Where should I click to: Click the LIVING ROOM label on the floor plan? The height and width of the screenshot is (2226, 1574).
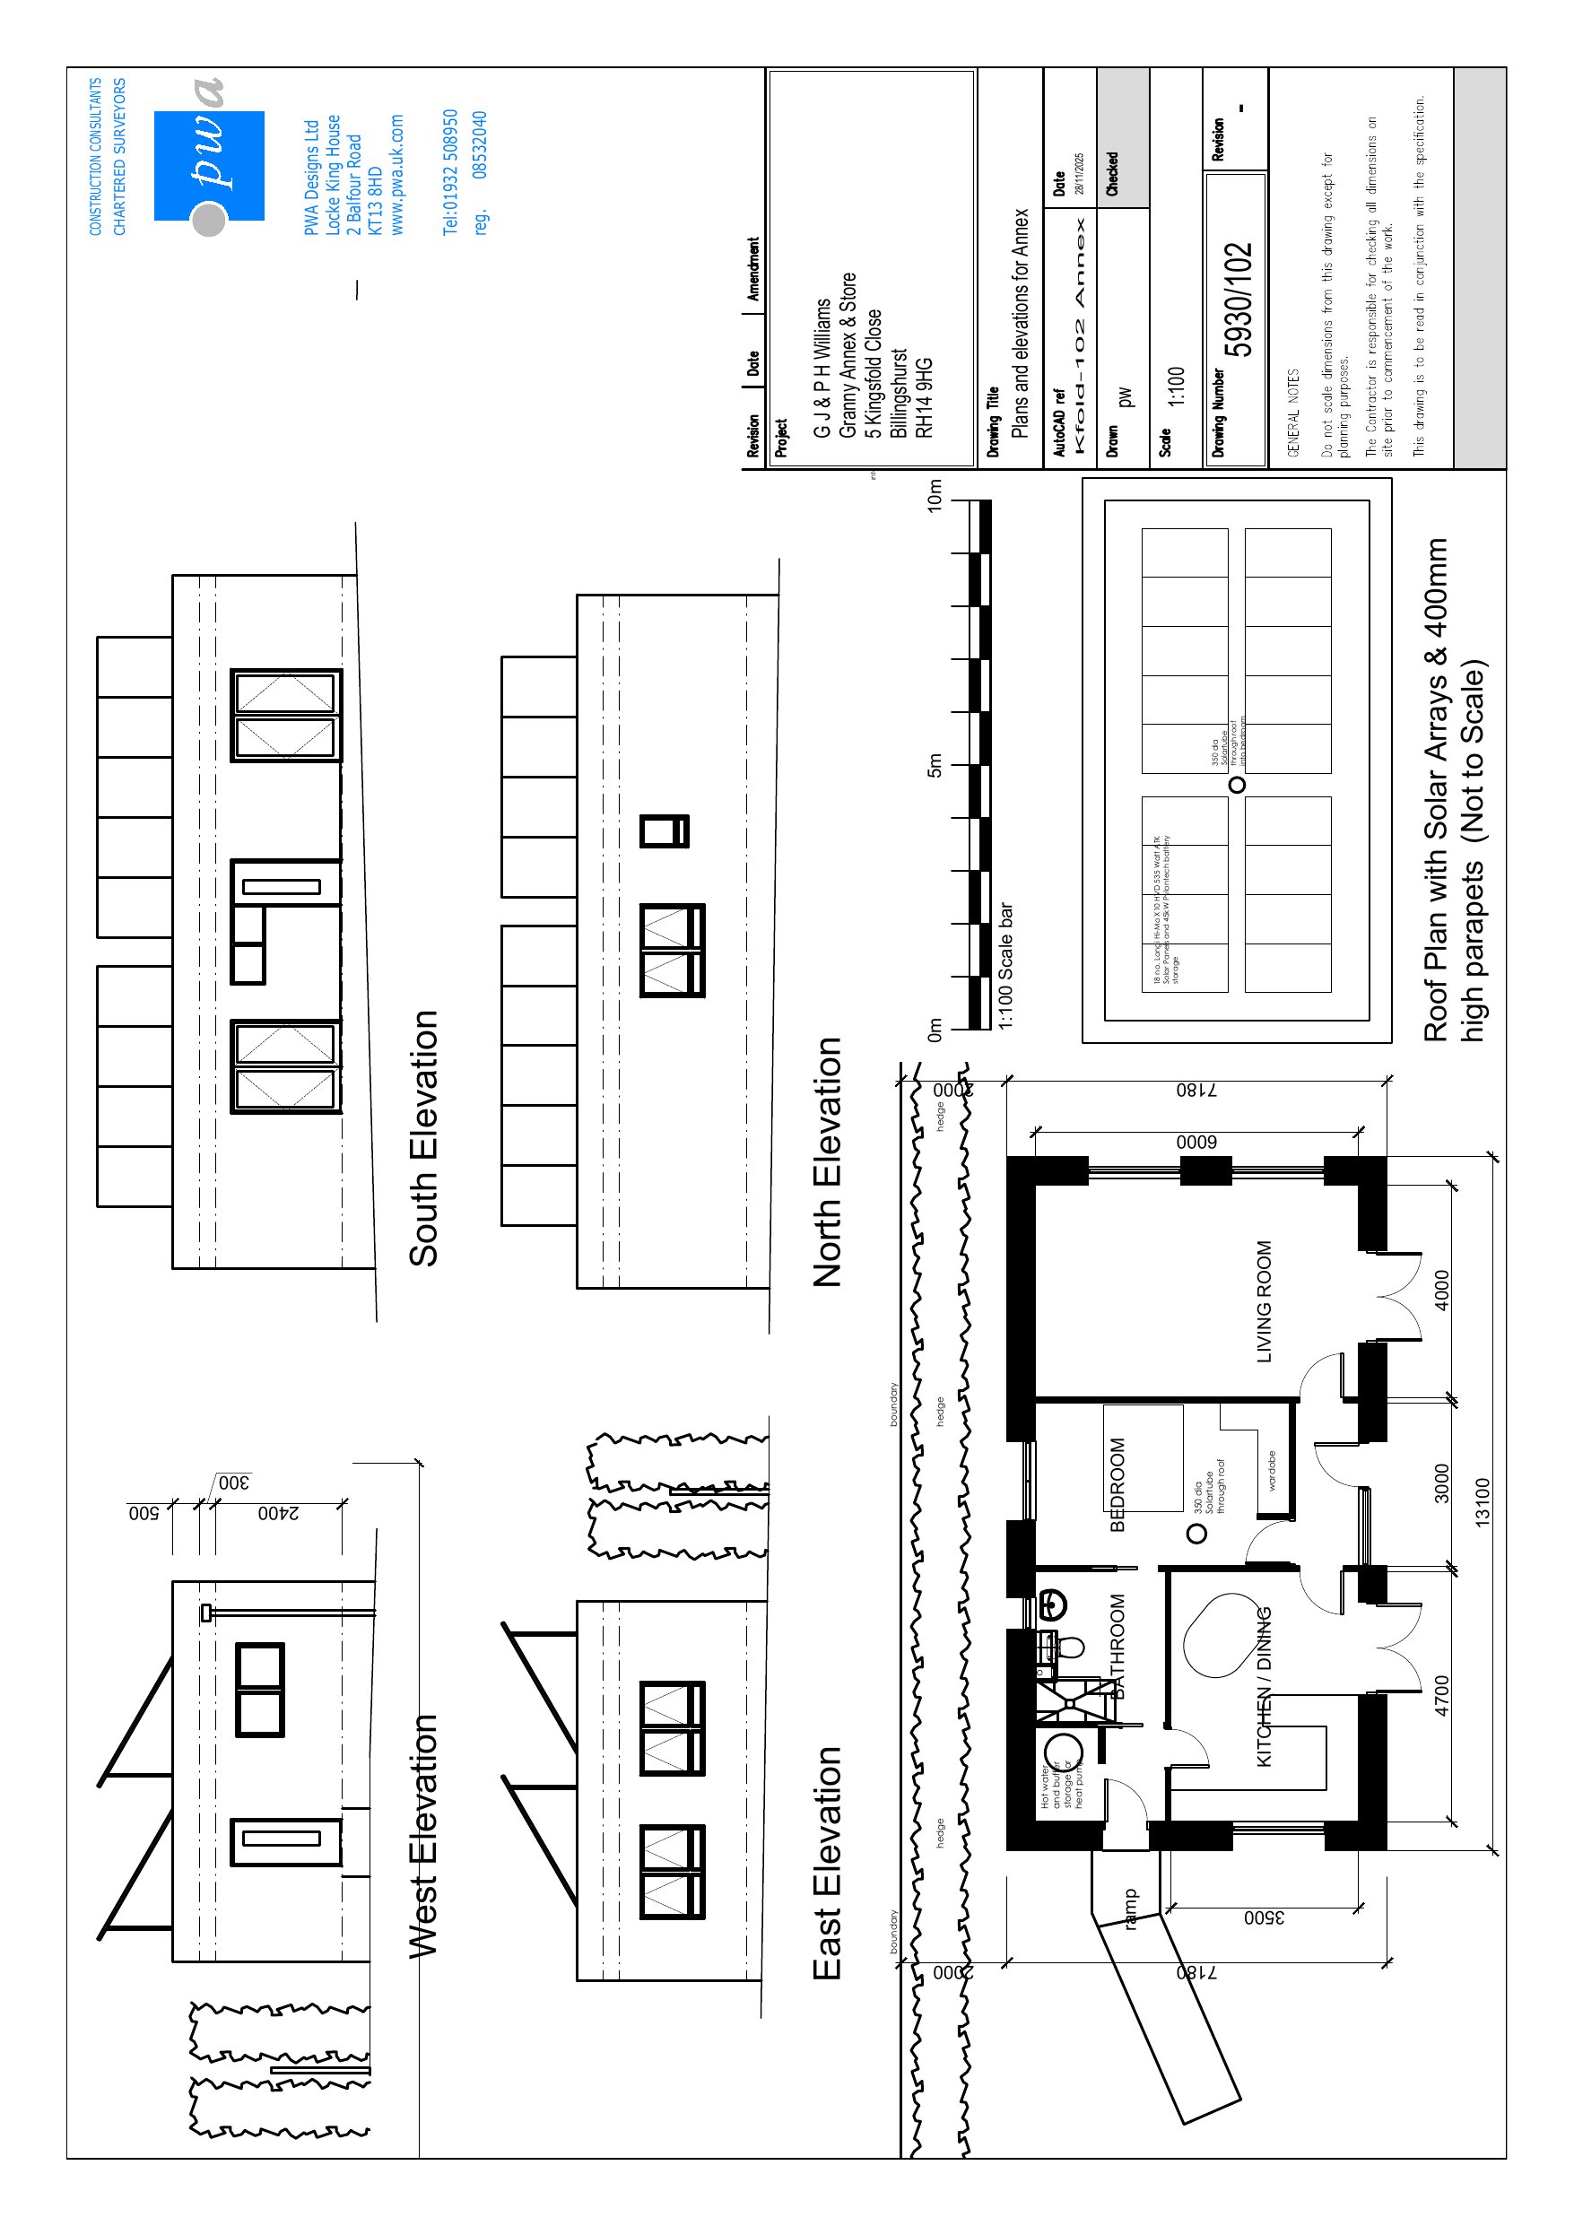(1264, 1301)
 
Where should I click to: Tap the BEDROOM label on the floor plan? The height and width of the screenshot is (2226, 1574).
(1117, 1484)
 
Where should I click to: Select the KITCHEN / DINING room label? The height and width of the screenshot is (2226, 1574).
(1264, 1686)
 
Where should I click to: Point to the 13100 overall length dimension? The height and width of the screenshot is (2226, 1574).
(1482, 1503)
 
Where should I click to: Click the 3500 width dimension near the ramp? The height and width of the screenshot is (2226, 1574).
(1264, 1917)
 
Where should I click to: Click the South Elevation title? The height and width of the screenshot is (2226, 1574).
(424, 1138)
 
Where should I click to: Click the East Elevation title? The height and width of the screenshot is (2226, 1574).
(827, 1863)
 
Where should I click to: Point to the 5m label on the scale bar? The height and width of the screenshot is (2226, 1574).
(934, 765)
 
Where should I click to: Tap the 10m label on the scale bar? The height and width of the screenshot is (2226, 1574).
(934, 495)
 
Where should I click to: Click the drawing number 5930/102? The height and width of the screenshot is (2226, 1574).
(1238, 299)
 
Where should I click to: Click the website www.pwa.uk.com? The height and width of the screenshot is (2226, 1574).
(396, 175)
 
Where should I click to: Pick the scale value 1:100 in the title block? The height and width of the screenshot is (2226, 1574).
(1176, 386)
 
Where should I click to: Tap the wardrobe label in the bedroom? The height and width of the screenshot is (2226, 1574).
(1272, 1470)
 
